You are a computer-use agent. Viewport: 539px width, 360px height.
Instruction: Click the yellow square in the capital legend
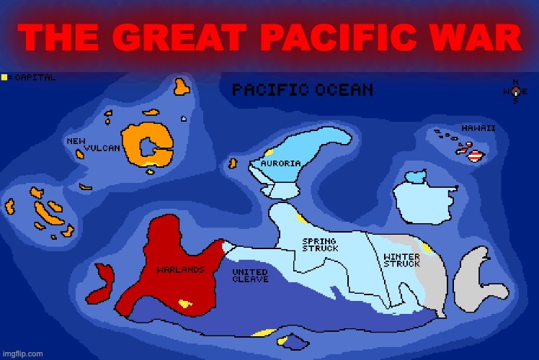5,77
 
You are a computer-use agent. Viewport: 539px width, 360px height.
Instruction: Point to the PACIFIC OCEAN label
302,90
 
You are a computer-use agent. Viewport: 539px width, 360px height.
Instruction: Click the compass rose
514,91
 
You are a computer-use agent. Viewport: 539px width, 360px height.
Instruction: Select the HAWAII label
478,128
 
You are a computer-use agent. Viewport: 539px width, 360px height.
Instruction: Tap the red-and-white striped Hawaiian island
475,155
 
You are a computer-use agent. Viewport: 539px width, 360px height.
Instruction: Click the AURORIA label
280,163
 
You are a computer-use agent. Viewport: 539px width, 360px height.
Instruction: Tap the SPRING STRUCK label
319,245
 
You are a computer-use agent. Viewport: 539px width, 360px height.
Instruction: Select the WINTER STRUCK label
401,259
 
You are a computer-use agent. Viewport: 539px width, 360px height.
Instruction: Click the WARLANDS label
181,270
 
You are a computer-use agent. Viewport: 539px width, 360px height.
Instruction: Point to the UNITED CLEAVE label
250,276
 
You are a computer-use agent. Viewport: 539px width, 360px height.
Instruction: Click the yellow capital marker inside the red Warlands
186,303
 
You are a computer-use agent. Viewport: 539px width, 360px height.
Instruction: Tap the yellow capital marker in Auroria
269,152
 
